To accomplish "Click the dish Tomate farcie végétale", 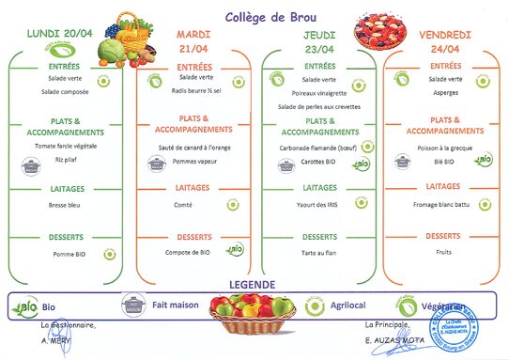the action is click(67, 147).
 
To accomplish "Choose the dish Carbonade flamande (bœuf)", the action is click(320, 149).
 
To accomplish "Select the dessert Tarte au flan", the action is click(319, 253).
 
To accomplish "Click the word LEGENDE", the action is click(254, 283).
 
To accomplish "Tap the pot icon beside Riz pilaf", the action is click(33, 166).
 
